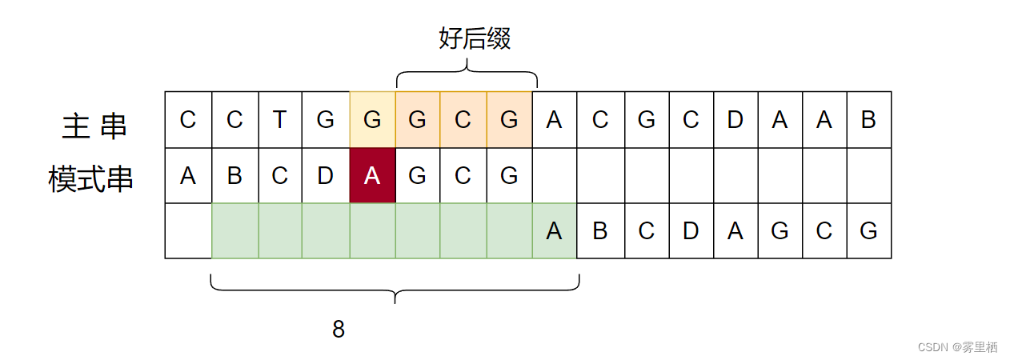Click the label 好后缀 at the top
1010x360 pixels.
(x=475, y=38)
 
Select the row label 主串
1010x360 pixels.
(x=94, y=126)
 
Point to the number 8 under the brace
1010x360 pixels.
(x=339, y=329)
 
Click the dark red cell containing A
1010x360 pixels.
(x=372, y=176)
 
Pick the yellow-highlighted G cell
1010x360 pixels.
(x=372, y=120)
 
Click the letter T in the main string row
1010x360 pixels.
(x=279, y=120)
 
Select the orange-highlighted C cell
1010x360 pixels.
(x=463, y=120)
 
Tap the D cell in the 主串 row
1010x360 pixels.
(x=734, y=120)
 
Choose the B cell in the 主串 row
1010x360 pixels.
(x=868, y=120)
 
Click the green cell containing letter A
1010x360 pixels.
(x=554, y=231)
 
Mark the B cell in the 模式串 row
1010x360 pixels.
(x=234, y=176)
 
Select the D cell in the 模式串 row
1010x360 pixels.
(x=326, y=176)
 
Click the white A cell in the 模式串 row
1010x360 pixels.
(x=188, y=176)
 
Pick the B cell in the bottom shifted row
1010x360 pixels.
(x=599, y=231)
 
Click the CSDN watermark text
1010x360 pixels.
(x=957, y=347)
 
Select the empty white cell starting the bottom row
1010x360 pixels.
(x=188, y=231)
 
